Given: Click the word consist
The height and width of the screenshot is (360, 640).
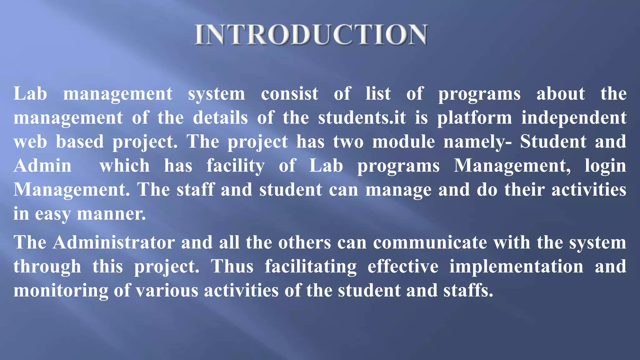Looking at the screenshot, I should point(290,94).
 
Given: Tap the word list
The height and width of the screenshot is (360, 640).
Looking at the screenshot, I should point(378,94).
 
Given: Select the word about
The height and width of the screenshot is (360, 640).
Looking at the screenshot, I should point(561,94).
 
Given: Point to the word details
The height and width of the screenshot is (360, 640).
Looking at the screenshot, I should point(220,118).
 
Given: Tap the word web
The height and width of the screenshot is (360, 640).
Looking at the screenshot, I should point(30,142).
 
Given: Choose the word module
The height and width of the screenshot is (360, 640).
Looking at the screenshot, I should point(403,142).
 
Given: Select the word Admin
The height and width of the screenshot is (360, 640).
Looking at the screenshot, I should point(42,166).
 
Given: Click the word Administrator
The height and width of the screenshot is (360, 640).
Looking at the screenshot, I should point(114,242).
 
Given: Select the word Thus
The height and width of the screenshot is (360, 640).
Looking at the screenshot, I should point(232,267).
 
